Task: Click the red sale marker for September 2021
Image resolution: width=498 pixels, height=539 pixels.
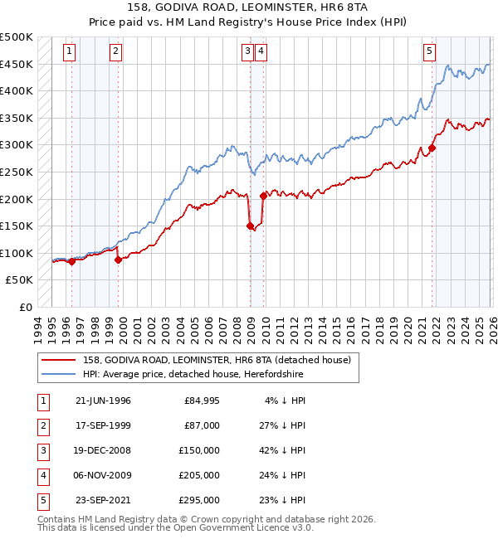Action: pyautogui.click(x=432, y=148)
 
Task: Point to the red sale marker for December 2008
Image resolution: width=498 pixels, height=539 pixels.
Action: pyautogui.click(x=251, y=226)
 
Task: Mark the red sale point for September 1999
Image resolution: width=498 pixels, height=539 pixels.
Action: pyautogui.click(x=118, y=260)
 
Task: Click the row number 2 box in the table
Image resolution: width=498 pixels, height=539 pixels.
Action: pyautogui.click(x=41, y=426)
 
